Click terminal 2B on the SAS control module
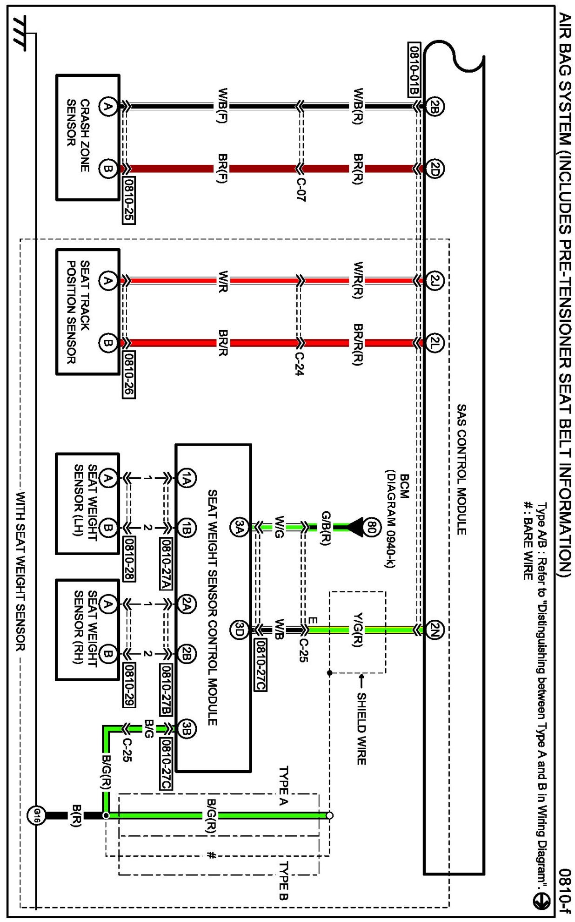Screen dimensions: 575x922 click(x=434, y=107)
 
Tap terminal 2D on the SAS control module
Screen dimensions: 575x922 click(x=434, y=169)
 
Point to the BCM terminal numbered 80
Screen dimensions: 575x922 click(x=371, y=527)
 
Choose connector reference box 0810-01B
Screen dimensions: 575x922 click(x=414, y=69)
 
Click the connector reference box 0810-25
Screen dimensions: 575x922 click(x=128, y=200)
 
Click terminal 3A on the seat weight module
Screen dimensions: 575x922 click(x=239, y=527)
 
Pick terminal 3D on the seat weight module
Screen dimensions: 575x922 click(x=239, y=630)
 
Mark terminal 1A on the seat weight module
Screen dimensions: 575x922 click(x=187, y=478)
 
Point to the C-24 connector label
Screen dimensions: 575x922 click(x=300, y=363)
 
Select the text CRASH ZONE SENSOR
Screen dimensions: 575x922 click(x=78, y=135)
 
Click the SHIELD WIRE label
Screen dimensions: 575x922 click(x=361, y=728)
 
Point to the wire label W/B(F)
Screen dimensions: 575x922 click(x=222, y=106)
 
